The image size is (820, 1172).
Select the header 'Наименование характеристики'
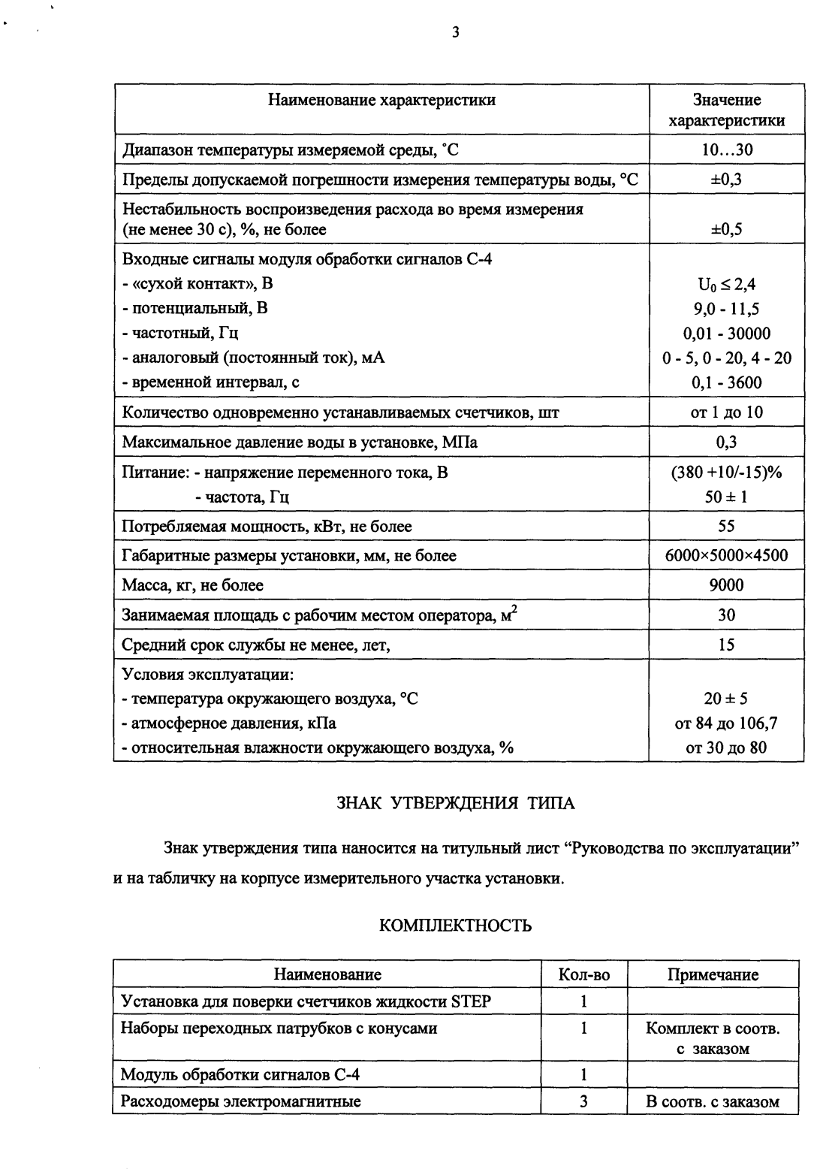382,100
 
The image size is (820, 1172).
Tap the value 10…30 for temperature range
726,150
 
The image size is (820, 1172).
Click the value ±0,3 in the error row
726,180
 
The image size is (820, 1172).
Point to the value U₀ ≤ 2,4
726,284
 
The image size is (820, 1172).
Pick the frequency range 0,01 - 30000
726,334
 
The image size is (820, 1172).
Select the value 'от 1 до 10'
726,412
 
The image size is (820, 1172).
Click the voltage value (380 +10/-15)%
726,473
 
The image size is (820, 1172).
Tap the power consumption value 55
726,526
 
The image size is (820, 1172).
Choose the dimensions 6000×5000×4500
726,556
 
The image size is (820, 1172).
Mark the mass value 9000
726,585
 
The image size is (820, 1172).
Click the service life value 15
726,645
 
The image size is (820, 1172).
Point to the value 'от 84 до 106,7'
726,723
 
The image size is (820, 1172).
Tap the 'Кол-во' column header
584,975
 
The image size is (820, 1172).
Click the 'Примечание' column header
713,975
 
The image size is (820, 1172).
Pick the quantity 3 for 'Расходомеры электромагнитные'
583,1102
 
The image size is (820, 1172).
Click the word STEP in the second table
471,1001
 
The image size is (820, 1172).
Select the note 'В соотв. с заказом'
713,1102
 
